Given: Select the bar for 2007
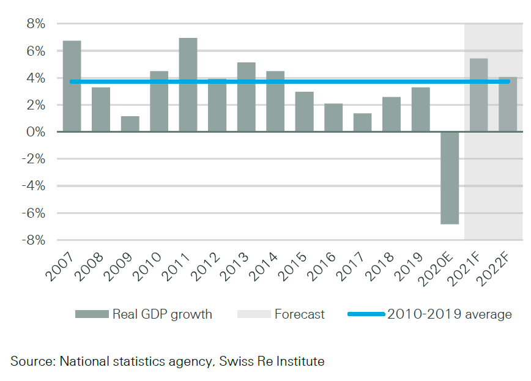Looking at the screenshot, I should (x=72, y=86).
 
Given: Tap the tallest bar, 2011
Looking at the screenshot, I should (x=188, y=85).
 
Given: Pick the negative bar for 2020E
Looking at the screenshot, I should (x=449, y=178).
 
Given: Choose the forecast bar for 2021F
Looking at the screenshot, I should (x=478, y=95).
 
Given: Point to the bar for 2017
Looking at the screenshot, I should (x=362, y=122).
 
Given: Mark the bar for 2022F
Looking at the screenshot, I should (x=507, y=105).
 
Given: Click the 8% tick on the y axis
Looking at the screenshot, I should (x=35, y=24).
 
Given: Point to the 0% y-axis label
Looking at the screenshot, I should (x=35, y=132).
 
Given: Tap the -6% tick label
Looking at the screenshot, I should (x=34, y=213).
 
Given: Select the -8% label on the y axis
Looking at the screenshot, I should (x=34, y=240).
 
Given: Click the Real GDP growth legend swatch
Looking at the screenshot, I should (x=91, y=314).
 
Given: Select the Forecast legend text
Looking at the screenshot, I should (x=299, y=314).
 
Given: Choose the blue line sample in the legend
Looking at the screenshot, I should (x=366, y=314).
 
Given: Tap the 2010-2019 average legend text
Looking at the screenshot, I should (x=449, y=314).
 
